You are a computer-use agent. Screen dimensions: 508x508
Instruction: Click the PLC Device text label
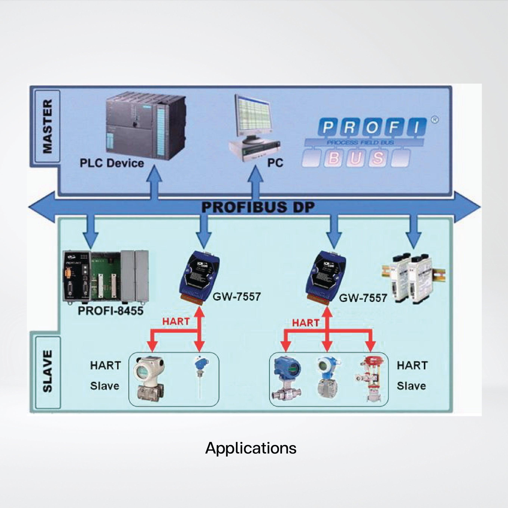point(112,163)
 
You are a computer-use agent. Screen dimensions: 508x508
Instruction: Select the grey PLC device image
point(146,126)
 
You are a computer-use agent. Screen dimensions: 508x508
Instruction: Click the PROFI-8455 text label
point(111,311)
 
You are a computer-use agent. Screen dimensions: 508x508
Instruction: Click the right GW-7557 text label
point(363,298)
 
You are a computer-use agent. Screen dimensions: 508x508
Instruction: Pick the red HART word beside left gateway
point(176,321)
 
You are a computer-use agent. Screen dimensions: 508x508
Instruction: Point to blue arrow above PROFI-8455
point(91,231)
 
